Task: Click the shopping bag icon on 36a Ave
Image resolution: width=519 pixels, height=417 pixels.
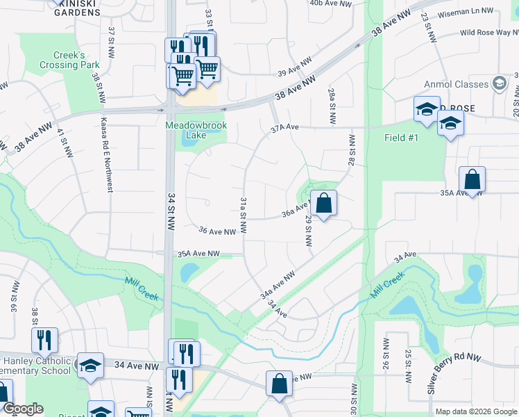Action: click(x=323, y=204)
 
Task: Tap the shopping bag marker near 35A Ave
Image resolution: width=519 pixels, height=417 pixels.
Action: click(x=472, y=179)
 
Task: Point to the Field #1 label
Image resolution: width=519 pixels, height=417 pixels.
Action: click(x=402, y=138)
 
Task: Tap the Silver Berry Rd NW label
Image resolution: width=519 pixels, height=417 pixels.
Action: click(x=454, y=373)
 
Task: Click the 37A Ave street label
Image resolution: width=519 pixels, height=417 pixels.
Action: click(x=284, y=128)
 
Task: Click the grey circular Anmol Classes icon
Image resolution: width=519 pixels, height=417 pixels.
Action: click(x=498, y=84)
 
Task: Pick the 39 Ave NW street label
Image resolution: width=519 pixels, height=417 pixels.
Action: click(x=292, y=72)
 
